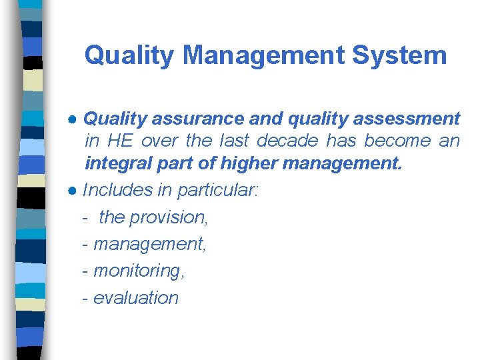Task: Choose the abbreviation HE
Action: tap(120, 141)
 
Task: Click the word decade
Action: tap(287, 141)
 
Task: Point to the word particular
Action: tap(217, 190)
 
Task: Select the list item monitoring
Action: tap(139, 271)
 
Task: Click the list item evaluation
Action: tap(136, 297)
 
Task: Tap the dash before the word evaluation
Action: tap(85, 298)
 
